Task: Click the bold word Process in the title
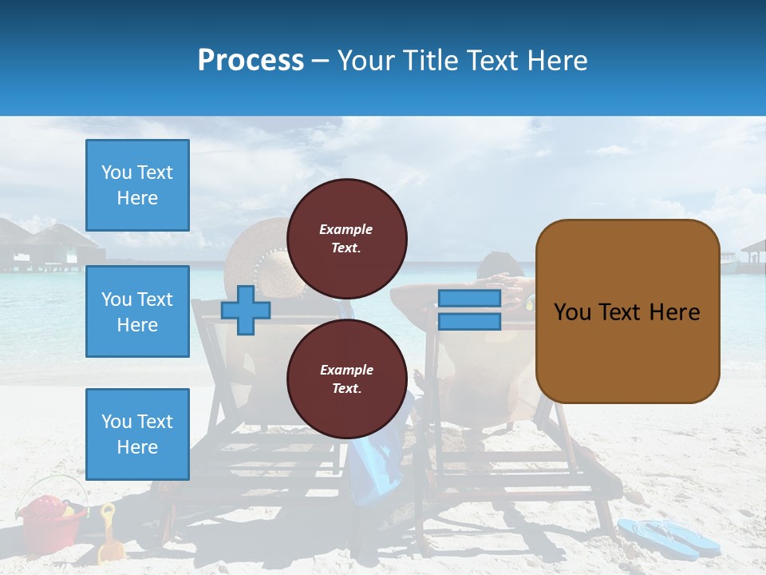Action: [x=251, y=61]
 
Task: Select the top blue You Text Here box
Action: [x=137, y=185]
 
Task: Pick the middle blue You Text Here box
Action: [x=137, y=311]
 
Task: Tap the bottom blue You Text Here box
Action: [x=137, y=434]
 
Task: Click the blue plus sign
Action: [x=246, y=310]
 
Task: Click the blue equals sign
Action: [x=469, y=310]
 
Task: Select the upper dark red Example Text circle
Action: [x=347, y=238]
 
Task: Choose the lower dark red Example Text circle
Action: [x=347, y=379]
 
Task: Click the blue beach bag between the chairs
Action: [x=375, y=471]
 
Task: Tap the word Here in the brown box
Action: [x=674, y=311]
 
